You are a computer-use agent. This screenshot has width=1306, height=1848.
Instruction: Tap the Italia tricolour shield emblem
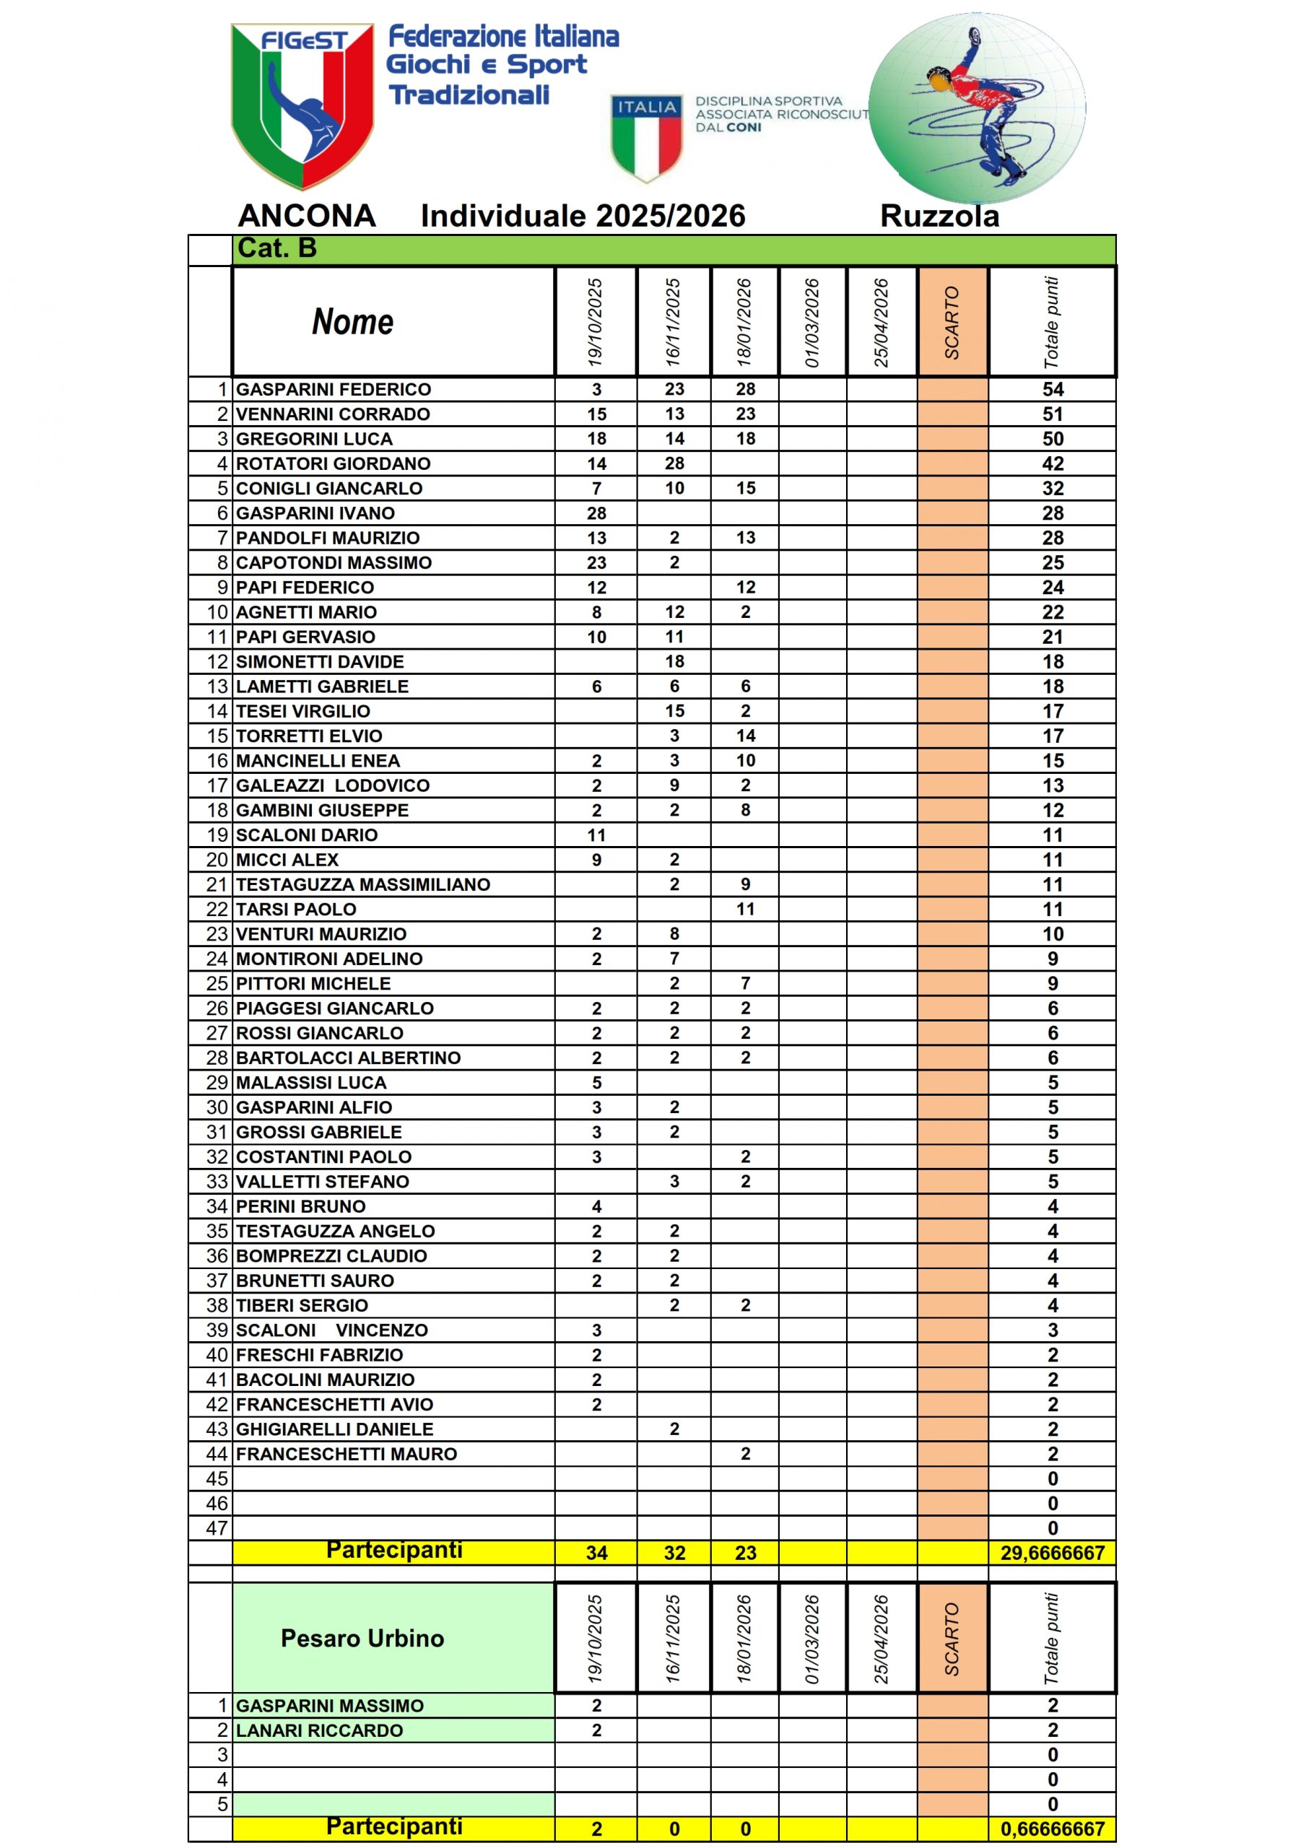tap(647, 137)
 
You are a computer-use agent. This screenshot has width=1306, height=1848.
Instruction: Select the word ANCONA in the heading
tap(307, 216)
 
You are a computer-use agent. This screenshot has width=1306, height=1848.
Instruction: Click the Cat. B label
tap(277, 248)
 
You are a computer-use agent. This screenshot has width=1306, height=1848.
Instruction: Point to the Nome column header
tap(352, 322)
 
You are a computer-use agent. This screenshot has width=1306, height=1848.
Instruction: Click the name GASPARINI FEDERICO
tap(334, 390)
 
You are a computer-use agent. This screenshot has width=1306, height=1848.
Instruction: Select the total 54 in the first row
tap(1053, 390)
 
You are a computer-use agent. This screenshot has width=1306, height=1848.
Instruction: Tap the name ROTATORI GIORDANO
tap(334, 463)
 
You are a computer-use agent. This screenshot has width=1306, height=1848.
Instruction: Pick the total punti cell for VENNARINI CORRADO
tap(1053, 414)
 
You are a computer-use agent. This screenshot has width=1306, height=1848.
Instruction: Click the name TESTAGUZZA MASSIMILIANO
tap(363, 884)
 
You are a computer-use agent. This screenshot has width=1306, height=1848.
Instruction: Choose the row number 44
tap(217, 1454)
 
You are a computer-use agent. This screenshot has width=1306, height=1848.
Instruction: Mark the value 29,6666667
tap(1053, 1553)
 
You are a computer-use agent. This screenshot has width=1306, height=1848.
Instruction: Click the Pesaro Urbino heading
tap(362, 1638)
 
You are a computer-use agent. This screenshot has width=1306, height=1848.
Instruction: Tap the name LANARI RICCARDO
tap(319, 1730)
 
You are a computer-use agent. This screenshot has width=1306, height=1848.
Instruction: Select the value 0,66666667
tap(1053, 1829)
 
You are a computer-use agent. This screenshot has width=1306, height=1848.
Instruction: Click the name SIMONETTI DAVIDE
tap(320, 662)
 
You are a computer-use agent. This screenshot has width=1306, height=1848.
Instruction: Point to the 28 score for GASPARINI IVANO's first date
tap(596, 513)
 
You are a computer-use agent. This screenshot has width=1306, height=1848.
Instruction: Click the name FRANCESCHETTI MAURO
tap(347, 1454)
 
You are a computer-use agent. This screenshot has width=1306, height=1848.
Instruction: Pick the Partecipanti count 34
tap(596, 1553)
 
